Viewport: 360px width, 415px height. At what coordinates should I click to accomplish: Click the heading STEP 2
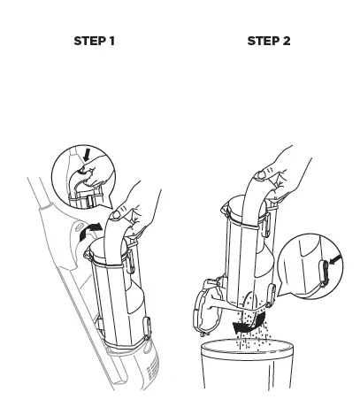click(x=268, y=41)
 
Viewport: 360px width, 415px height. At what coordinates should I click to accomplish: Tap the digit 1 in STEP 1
click(x=111, y=41)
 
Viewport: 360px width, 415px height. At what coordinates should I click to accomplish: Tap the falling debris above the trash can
click(x=261, y=323)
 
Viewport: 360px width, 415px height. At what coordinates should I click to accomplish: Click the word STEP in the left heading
click(x=86, y=41)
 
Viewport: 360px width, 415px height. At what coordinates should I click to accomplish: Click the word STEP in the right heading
click(x=261, y=41)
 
